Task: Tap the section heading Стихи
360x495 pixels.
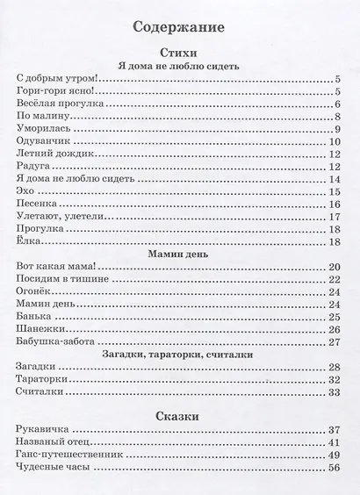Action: (x=178, y=54)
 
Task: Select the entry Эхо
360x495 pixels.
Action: (x=28, y=190)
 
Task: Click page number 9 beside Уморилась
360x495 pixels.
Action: (x=336, y=128)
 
